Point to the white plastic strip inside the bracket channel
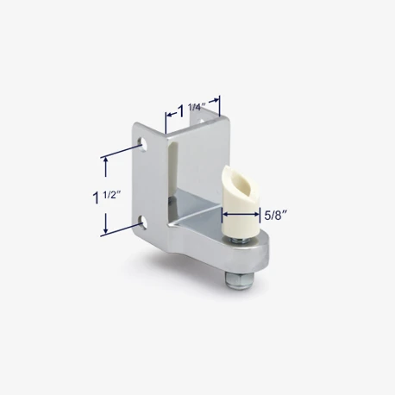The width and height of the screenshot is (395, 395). tap(175, 172)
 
